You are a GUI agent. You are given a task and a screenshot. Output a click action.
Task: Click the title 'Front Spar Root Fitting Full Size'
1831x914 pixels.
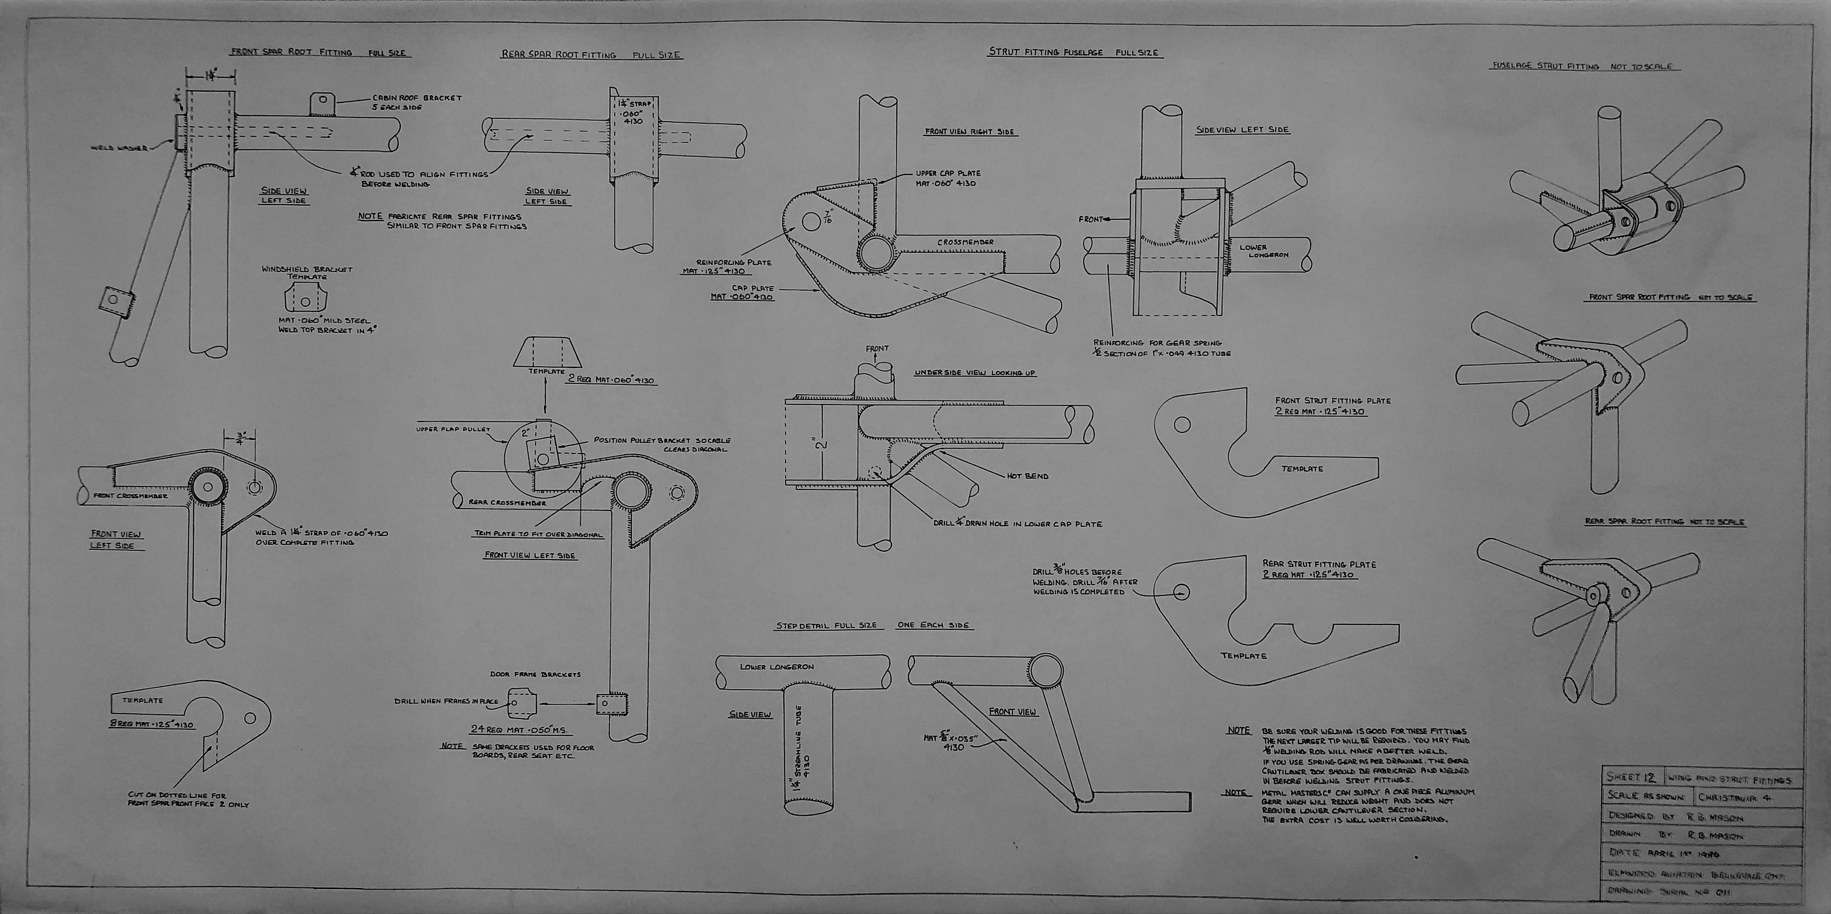(320, 53)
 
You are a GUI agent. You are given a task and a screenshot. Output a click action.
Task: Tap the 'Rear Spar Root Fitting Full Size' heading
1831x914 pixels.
(591, 54)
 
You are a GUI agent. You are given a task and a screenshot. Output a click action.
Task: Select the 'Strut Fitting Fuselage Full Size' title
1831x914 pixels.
(1075, 52)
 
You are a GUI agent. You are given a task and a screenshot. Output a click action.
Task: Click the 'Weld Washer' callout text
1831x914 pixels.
(119, 148)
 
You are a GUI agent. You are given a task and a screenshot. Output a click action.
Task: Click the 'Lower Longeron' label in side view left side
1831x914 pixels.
(1263, 251)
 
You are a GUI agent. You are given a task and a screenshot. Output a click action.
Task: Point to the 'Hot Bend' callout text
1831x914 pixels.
(1027, 476)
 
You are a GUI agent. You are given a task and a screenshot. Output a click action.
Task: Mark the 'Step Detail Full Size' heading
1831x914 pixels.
(827, 625)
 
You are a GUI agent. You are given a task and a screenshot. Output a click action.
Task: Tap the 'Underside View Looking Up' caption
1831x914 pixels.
(975, 373)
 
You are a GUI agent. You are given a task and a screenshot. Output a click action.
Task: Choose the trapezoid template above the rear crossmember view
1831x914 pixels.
(545, 351)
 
